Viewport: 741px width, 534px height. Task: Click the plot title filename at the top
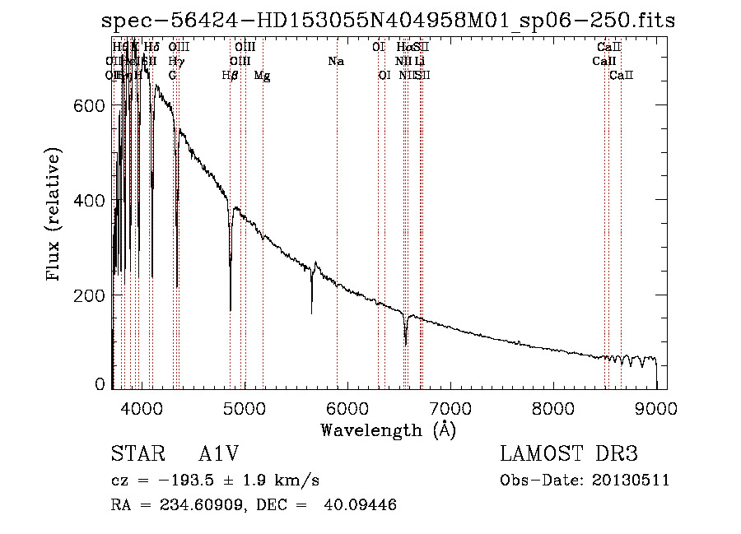pos(388,21)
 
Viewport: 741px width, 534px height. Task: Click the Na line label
pos(336,62)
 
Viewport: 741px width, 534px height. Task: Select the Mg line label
pos(262,76)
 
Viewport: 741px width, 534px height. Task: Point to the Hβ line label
pos(231,76)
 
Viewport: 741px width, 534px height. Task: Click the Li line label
pos(420,62)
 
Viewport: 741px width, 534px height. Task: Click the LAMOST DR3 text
pos(569,455)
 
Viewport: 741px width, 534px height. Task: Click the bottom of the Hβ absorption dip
pos(231,309)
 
